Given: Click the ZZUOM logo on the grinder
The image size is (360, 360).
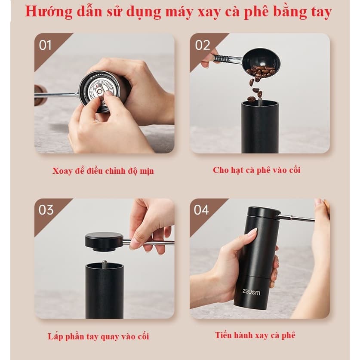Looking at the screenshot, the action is [251, 292].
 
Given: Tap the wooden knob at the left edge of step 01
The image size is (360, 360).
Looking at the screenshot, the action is [40, 95].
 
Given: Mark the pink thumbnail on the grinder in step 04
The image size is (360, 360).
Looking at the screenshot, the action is [252, 231].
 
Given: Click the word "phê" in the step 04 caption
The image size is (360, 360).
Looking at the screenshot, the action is [288, 335].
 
